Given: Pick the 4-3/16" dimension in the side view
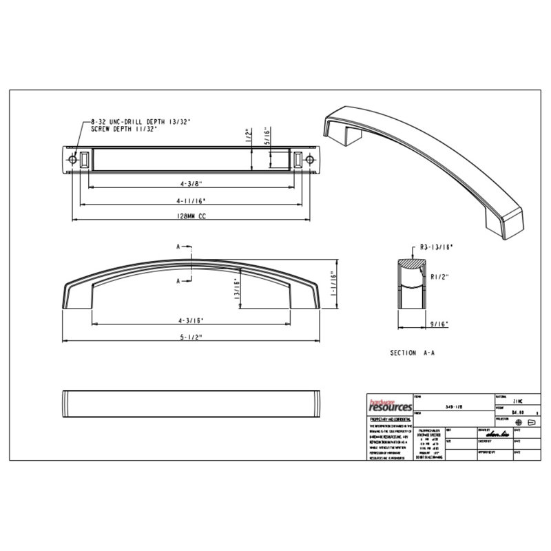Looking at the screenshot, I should pos(191,320).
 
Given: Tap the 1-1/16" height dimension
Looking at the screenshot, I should pos(332,282).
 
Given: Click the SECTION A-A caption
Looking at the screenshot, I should pos(413,353).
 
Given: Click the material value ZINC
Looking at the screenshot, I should pos(518,399).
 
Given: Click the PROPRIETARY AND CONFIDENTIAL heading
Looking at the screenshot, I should pos(391,419).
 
